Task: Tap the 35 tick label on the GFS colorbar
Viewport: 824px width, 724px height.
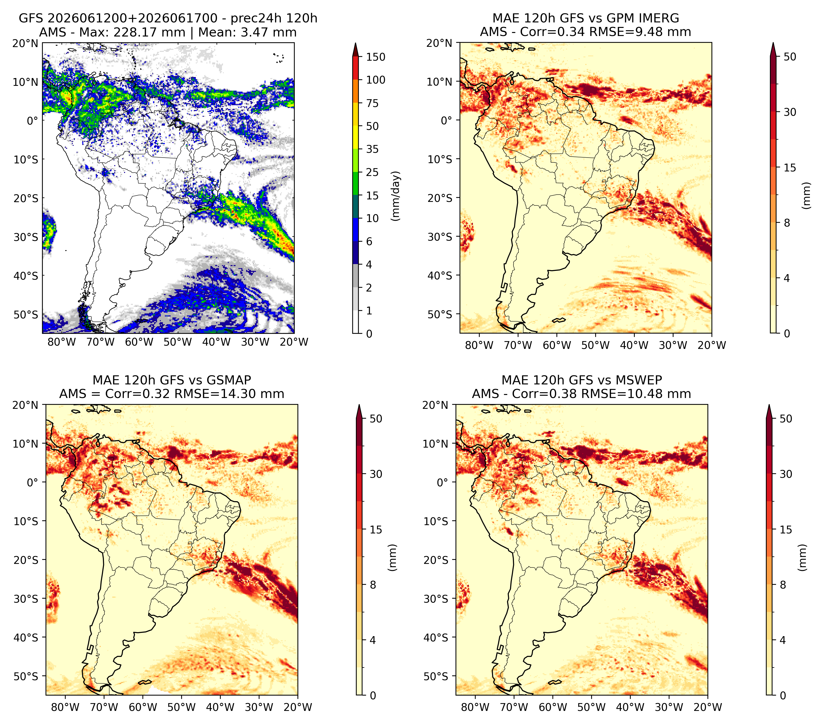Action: (x=372, y=149)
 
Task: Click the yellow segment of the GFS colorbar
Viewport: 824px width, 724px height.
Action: (x=356, y=126)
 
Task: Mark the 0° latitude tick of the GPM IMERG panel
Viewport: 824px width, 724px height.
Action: (x=447, y=120)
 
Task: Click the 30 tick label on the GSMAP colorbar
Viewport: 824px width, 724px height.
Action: (x=376, y=474)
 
